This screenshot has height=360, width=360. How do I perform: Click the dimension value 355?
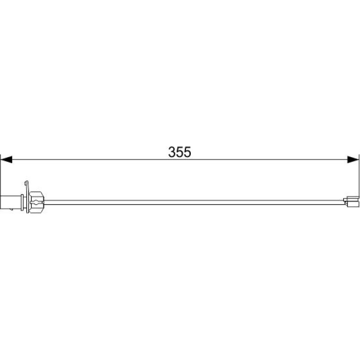point(180,152)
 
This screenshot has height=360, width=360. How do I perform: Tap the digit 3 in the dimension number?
point(172,152)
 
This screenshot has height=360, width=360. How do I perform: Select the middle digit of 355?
point(180,152)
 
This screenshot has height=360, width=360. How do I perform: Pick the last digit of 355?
point(187,152)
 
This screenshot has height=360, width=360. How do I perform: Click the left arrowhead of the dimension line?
point(7,159)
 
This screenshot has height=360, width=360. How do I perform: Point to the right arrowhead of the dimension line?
point(353,159)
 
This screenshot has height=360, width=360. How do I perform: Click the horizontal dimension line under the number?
point(180,159)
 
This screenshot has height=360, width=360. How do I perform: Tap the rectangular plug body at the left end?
point(11,202)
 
